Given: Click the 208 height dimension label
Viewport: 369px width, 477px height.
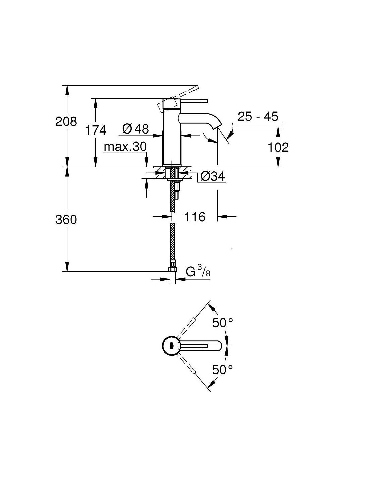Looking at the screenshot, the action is (x=66, y=122).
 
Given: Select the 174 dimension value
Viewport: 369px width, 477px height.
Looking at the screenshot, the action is (x=96, y=130).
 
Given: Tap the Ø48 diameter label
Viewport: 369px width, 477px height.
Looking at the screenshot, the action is (x=136, y=128).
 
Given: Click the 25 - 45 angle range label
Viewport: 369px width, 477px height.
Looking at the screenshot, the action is (x=258, y=116).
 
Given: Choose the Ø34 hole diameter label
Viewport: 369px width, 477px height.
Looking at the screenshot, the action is (x=213, y=176).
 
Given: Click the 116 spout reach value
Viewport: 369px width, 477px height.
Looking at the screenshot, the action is (x=195, y=217).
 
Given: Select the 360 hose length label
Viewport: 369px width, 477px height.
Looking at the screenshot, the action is (x=66, y=219).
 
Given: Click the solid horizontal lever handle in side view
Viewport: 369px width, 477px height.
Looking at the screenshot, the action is (x=194, y=101).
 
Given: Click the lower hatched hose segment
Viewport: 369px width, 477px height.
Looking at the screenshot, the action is (x=173, y=242).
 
